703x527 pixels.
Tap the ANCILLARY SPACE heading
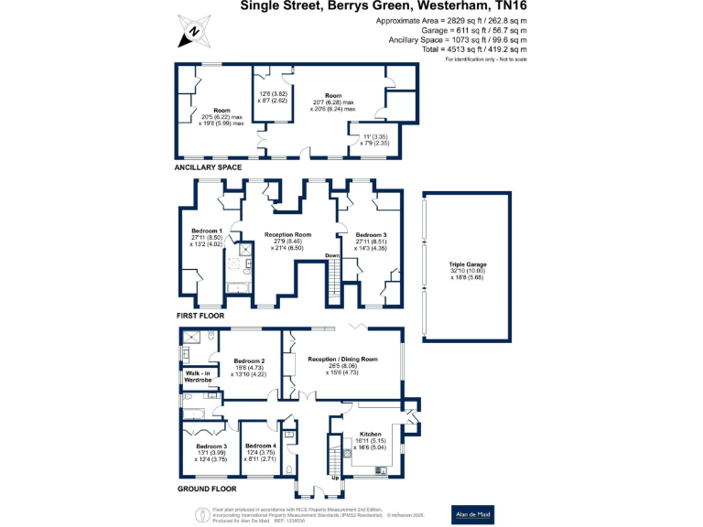point(208,167)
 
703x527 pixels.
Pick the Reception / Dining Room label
point(342,360)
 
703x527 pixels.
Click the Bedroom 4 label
point(260,446)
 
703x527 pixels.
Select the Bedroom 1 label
point(206,231)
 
